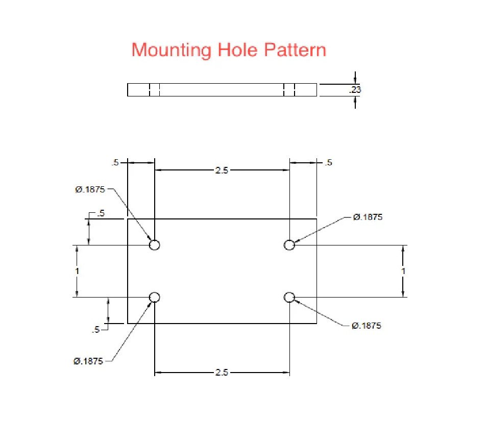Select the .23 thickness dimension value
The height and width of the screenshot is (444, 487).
point(355,90)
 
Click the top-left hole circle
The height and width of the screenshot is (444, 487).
point(155,245)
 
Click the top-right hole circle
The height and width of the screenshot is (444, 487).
point(289,245)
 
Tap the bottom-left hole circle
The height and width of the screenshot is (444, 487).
point(155,297)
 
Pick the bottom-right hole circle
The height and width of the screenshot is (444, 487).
point(289,297)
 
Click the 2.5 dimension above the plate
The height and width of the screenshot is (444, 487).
point(222,170)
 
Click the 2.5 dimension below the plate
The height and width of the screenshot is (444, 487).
point(222,373)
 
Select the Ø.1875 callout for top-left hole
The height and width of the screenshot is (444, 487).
point(90,189)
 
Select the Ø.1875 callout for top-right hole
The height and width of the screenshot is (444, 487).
point(368,217)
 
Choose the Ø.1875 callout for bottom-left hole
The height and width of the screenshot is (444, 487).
point(88,361)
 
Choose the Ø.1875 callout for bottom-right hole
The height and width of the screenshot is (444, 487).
point(366,326)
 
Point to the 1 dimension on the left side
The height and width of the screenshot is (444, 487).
point(77,271)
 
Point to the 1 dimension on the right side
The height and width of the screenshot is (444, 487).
point(403,271)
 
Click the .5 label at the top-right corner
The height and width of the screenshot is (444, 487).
point(328,163)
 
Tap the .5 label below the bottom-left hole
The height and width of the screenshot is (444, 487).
point(96,330)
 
